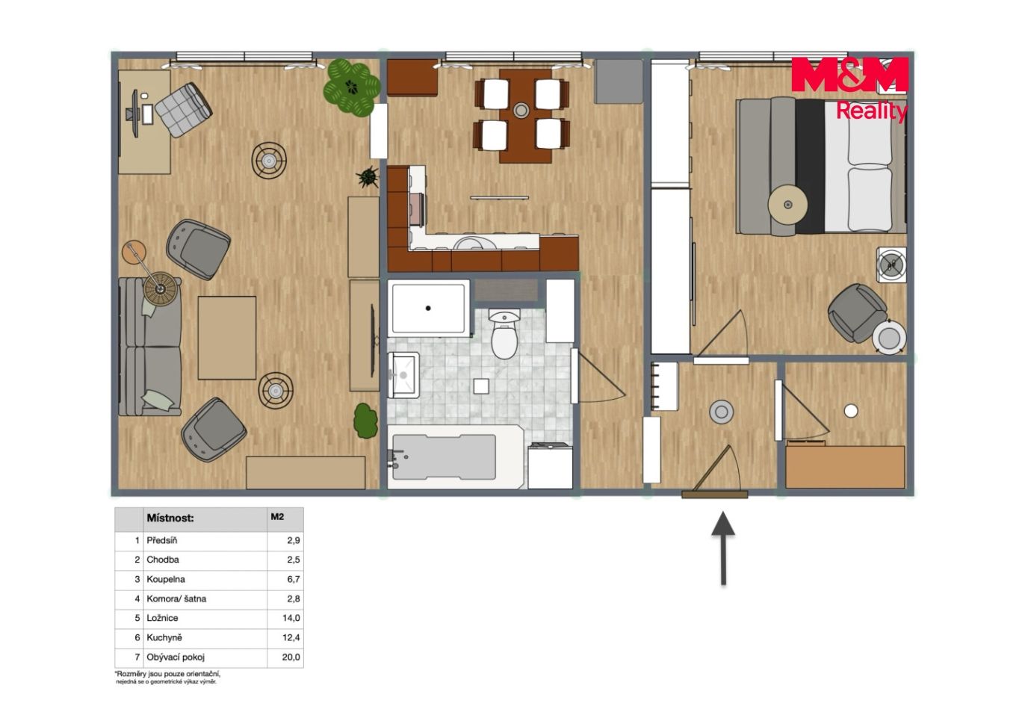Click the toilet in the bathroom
(504, 334)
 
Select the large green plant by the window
(351, 87)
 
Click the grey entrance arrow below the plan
(723, 548)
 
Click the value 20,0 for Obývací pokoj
(291, 658)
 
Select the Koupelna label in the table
(166, 579)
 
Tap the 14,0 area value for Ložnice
(291, 619)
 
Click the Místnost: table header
(170, 518)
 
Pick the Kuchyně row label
(164, 637)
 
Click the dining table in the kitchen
(525, 116)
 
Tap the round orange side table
(134, 253)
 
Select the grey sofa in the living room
(150, 347)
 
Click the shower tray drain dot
(428, 309)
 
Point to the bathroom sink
(403, 375)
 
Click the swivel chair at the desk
(183, 110)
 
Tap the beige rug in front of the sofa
(227, 338)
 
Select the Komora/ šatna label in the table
(176, 598)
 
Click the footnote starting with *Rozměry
(167, 678)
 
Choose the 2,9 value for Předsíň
(294, 540)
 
